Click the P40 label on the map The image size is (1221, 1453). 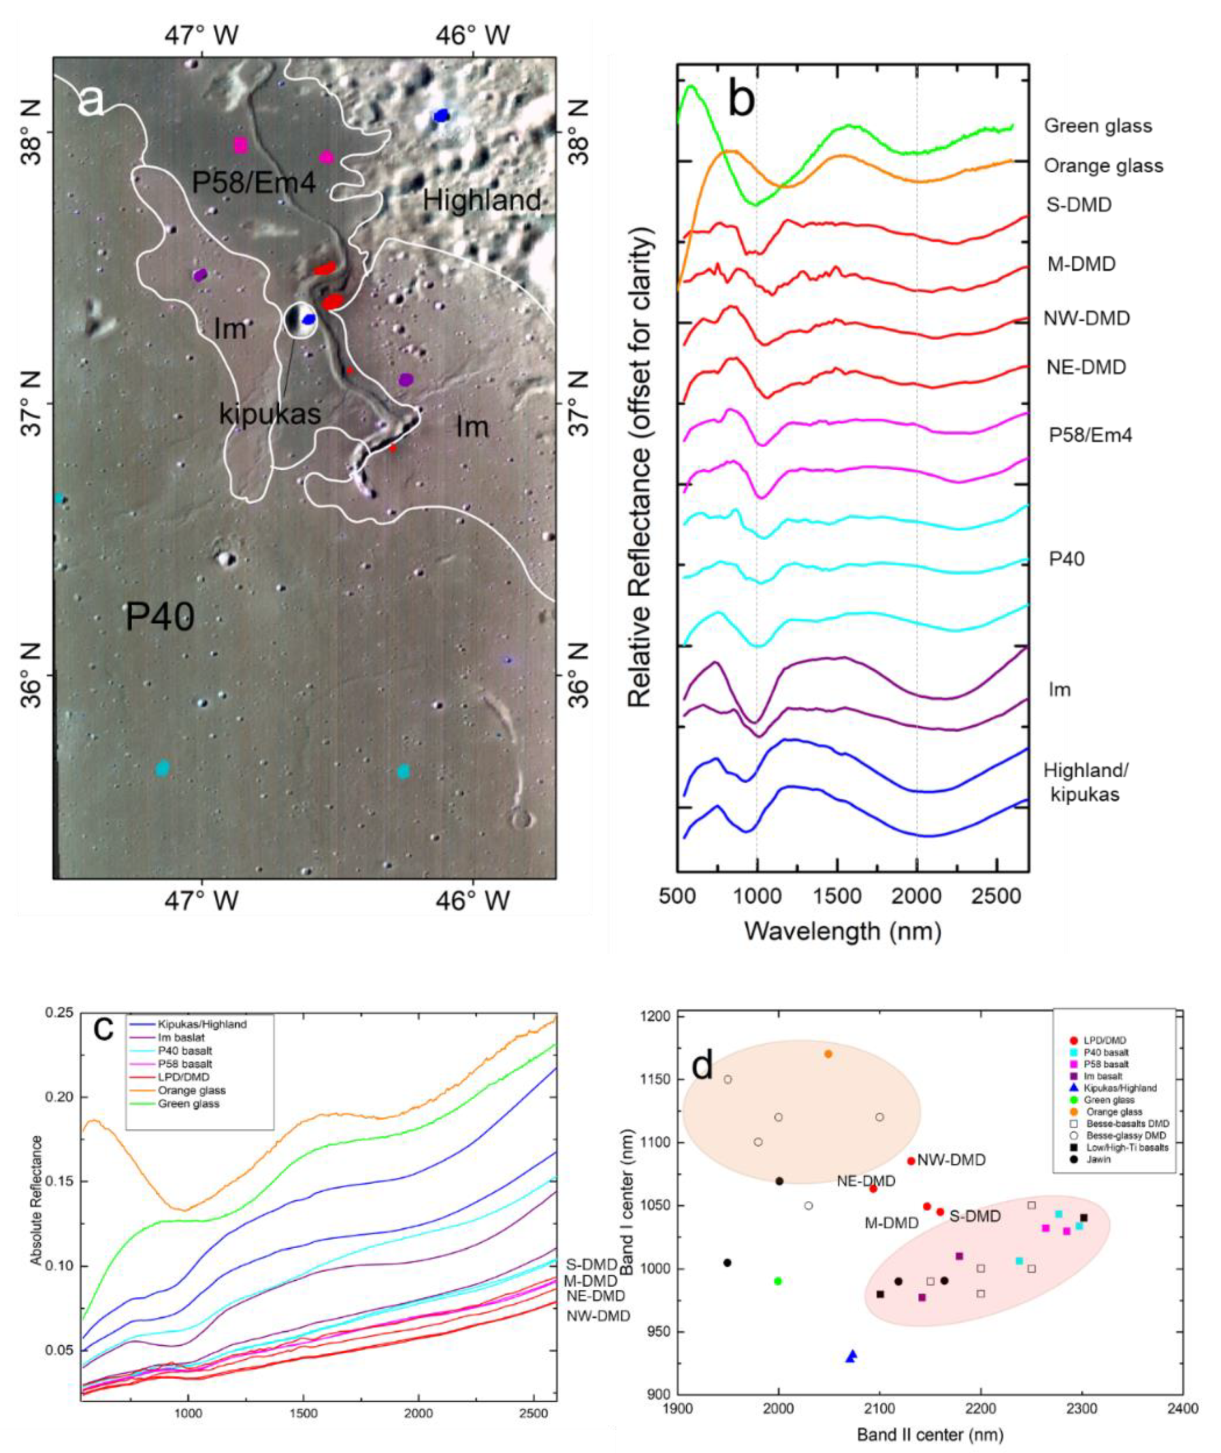[x=160, y=616]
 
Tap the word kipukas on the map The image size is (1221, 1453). [x=270, y=414]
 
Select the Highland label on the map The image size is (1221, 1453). [x=482, y=200]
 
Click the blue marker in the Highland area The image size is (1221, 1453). [x=441, y=116]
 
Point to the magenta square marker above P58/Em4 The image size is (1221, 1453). [x=240, y=145]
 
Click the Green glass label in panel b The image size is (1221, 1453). [x=1098, y=126]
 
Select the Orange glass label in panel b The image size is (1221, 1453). [x=1103, y=166]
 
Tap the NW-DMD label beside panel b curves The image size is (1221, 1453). [x=1087, y=318]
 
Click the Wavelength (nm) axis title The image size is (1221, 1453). [x=842, y=931]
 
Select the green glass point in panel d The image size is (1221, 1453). [x=778, y=1281]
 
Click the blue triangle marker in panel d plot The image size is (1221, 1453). [x=852, y=1356]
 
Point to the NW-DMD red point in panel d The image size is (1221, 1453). [x=911, y=1161]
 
